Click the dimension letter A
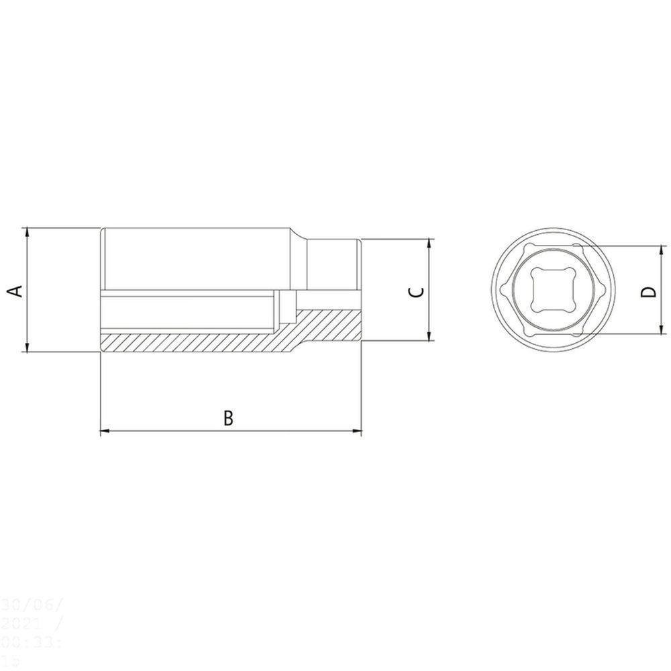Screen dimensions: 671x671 [x=16, y=291]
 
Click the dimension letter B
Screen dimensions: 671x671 [x=228, y=417]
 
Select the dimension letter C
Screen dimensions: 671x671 [x=416, y=291]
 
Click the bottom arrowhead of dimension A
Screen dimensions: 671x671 [x=27, y=347]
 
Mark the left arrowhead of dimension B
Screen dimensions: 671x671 [x=105, y=430]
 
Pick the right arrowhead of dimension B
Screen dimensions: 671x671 [x=357, y=430]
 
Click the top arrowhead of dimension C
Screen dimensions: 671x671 [x=429, y=243]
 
